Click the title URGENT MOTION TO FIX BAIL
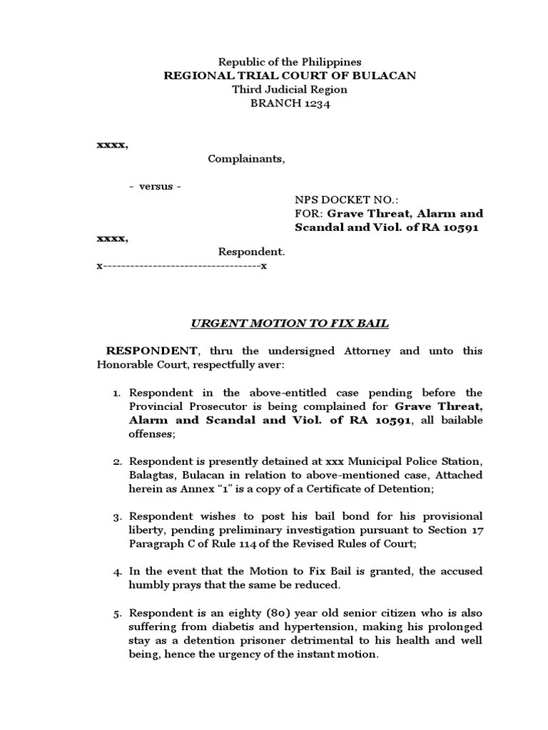point(290,323)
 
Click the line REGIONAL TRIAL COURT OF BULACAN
point(290,76)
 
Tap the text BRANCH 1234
point(290,103)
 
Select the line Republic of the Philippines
point(290,62)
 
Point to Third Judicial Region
point(290,89)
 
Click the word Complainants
point(246,158)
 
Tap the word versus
point(155,186)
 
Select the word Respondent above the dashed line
point(251,252)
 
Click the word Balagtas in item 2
point(152,475)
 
